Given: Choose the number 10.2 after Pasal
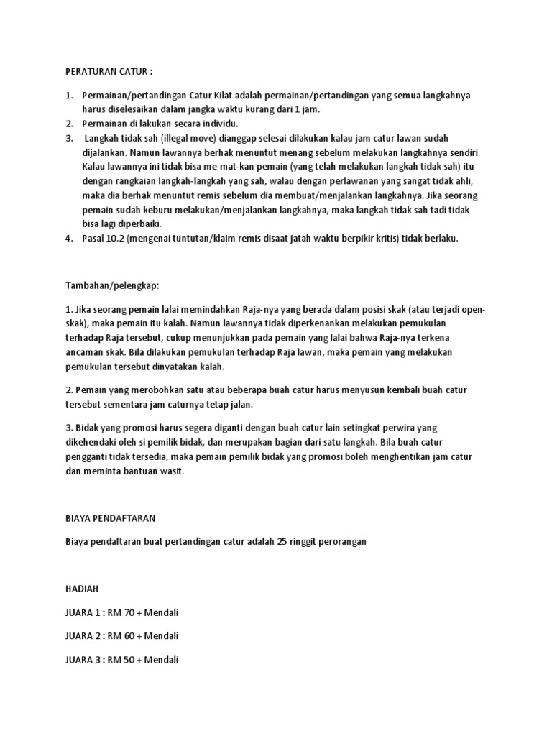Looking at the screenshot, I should [118, 238].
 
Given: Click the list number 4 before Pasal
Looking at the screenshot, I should [69, 238].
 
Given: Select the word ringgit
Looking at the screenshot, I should [317, 542].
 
